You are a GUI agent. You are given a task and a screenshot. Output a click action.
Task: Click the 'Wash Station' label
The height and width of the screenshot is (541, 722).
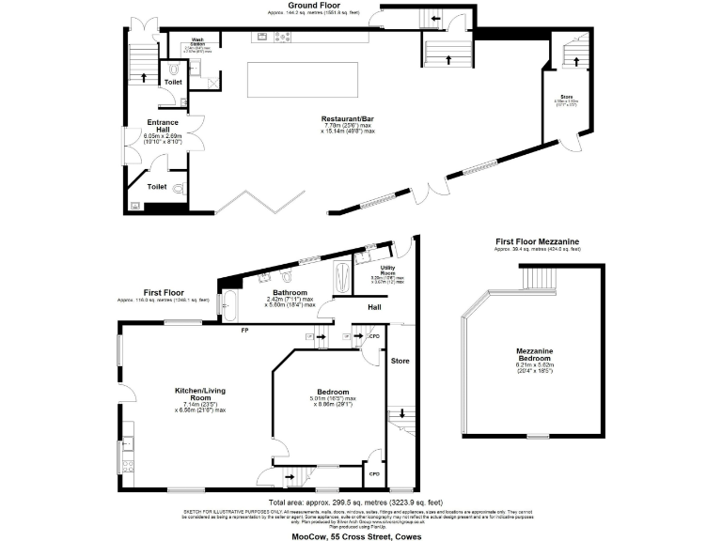[198, 40]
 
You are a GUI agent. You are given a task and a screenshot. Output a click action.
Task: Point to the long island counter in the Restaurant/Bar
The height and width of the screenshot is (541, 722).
[304, 78]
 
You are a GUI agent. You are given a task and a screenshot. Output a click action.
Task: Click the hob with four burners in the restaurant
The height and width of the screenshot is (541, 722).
[282, 38]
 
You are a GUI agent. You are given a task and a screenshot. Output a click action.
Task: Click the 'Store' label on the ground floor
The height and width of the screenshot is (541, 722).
[566, 96]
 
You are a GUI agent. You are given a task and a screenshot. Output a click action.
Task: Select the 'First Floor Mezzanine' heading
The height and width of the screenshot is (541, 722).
[538, 241]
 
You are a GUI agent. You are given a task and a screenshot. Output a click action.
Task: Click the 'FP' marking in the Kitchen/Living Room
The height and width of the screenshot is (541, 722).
[243, 331]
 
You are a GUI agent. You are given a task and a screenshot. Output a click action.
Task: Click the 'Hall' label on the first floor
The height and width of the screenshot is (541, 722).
[373, 306]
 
